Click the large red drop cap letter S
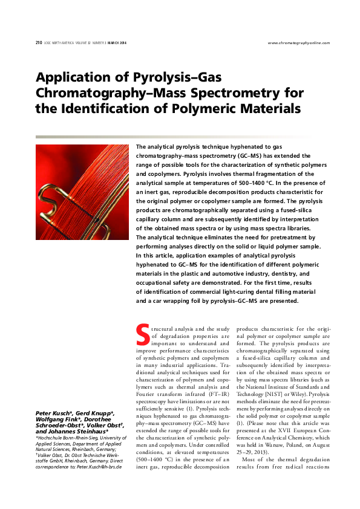click(x=143, y=332)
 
